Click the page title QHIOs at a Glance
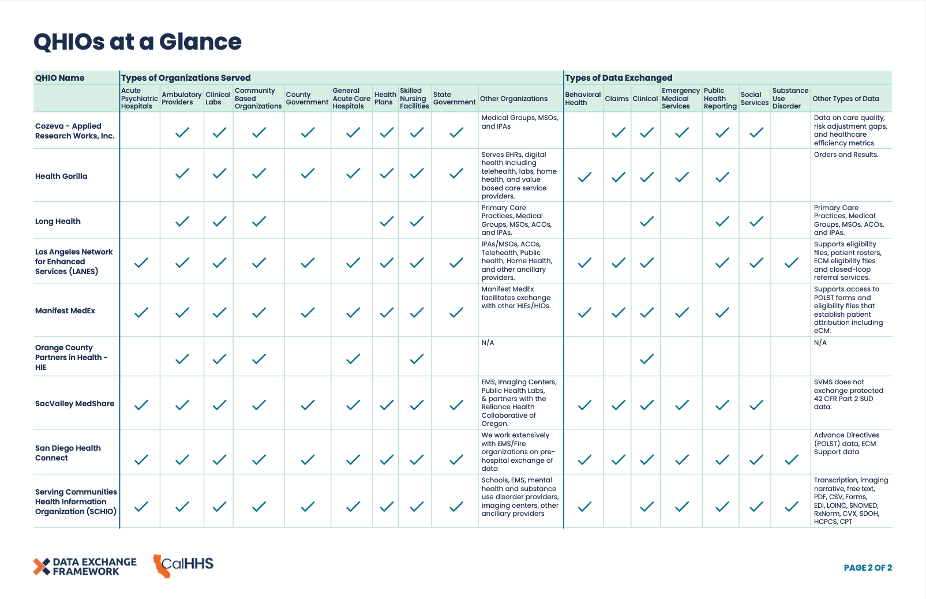[137, 42]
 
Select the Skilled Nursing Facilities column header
[414, 99]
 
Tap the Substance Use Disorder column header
[790, 99]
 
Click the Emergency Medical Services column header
[680, 99]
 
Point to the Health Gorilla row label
[61, 177]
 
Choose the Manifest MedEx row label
[65, 311]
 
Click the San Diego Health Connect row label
[68, 453]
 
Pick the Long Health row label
[58, 222]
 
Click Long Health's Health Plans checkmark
[387, 221]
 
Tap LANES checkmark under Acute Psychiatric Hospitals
[141, 263]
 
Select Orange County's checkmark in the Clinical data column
[647, 359]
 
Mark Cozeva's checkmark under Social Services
[756, 132]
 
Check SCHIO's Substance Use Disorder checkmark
[791, 507]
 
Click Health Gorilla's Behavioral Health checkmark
[584, 177]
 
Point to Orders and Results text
[846, 155]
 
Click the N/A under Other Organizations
[488, 343]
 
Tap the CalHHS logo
[183, 565]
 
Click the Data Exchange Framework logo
[85, 567]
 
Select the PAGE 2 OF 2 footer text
[867, 568]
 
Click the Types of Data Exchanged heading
[618, 78]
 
